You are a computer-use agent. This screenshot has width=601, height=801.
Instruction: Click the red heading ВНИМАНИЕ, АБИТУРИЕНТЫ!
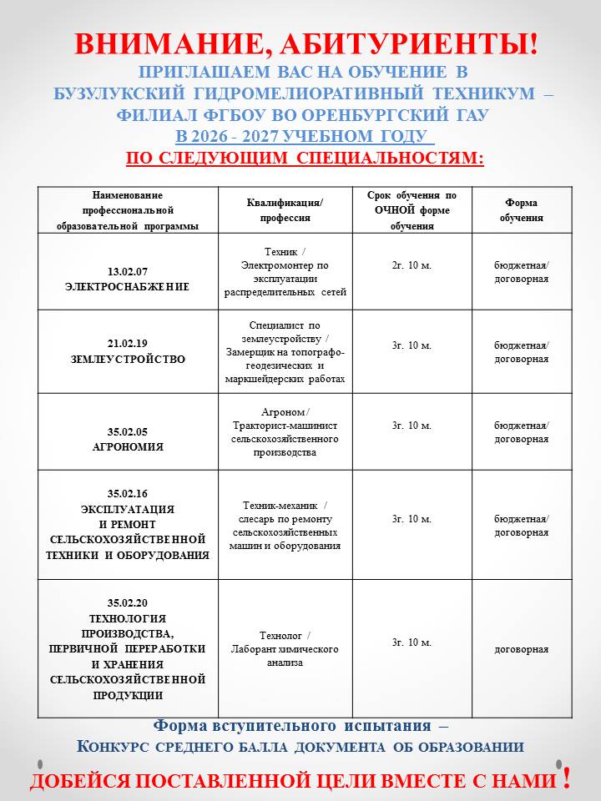click(306, 45)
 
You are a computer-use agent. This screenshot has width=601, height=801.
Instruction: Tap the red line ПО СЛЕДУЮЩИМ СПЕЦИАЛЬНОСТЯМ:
click(305, 158)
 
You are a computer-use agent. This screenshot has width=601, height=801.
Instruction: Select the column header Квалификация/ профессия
click(285, 210)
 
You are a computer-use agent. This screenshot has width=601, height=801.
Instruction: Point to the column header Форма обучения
click(522, 210)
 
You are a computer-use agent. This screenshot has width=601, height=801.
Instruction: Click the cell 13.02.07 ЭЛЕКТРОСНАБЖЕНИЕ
click(127, 280)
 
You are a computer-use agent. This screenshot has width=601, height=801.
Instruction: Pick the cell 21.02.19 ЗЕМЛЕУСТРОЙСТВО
click(127, 351)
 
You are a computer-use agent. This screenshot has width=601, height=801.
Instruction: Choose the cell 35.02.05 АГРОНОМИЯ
click(127, 439)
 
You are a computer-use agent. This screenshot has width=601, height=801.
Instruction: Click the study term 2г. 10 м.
click(412, 265)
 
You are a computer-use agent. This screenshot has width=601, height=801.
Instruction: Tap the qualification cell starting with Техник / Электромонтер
click(285, 272)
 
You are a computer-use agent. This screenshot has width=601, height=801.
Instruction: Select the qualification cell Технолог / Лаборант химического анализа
click(285, 649)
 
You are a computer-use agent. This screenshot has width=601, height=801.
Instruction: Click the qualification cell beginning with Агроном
click(285, 432)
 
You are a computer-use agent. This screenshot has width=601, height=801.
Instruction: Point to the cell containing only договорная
click(522, 649)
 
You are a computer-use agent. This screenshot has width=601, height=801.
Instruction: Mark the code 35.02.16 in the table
click(127, 493)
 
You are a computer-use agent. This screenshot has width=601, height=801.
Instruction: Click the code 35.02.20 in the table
click(127, 602)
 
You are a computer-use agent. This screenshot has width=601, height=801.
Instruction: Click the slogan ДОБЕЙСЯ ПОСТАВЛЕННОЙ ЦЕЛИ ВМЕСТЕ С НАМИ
click(293, 781)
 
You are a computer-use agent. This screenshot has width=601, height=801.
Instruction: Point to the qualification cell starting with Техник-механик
click(285, 526)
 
